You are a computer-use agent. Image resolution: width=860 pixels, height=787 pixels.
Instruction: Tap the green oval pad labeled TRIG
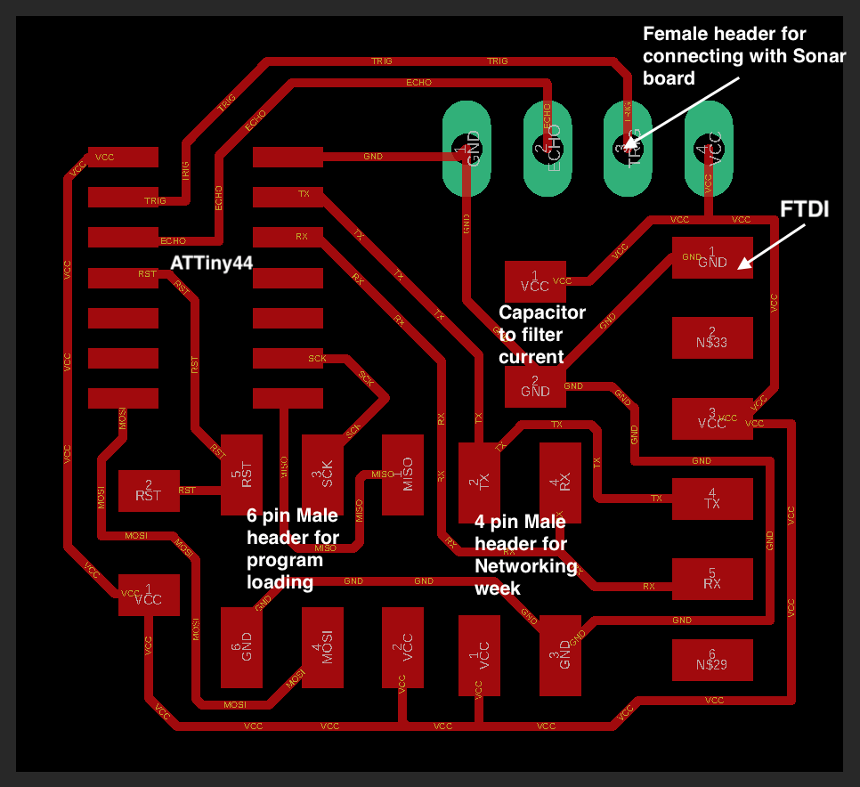(628, 149)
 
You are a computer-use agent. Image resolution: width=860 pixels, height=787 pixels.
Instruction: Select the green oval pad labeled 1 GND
(467, 149)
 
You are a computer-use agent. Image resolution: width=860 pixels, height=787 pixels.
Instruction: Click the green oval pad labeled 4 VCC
(709, 149)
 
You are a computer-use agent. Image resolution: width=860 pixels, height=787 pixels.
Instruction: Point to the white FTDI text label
(805, 210)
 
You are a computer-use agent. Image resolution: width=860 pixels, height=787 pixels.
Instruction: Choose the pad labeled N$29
(712, 660)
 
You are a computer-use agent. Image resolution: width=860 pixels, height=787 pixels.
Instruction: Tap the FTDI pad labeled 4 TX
(712, 499)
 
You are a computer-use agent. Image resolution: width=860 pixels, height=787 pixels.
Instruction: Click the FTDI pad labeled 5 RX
(712, 579)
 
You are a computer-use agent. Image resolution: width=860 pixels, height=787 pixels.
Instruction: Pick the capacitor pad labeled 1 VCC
(534, 282)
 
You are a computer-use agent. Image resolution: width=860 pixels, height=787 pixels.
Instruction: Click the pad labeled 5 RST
(241, 475)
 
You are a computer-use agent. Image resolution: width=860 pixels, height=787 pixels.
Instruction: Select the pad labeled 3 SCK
(321, 475)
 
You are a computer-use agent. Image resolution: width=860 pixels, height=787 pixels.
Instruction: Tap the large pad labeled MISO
(402, 475)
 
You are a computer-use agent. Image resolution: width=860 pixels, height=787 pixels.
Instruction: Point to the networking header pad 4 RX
(560, 483)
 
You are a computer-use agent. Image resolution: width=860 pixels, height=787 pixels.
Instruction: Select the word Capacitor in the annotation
(542, 312)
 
